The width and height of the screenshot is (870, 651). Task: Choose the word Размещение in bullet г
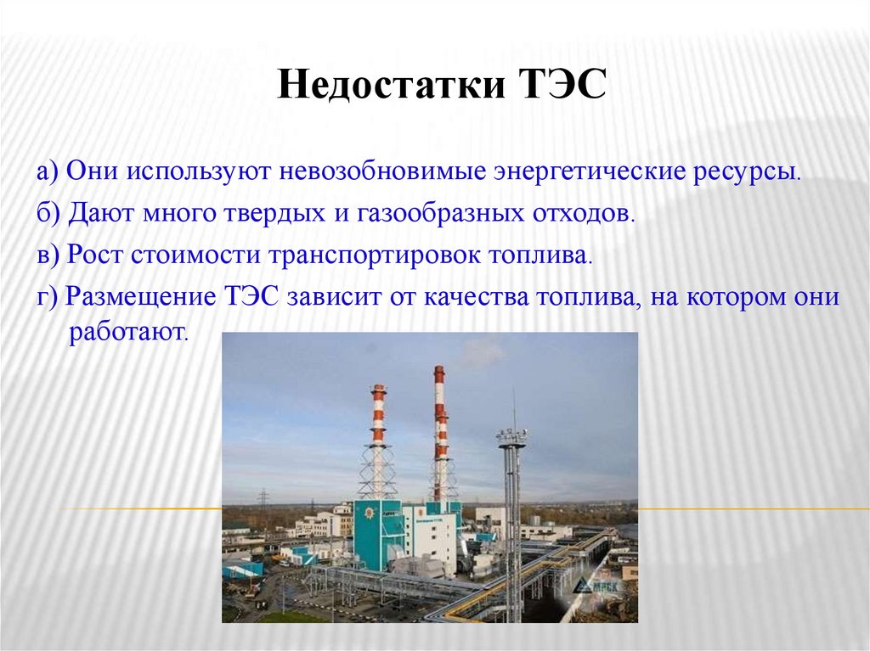[144, 297]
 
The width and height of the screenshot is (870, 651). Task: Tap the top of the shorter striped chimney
[378, 389]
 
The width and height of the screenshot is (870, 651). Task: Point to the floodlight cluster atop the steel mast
[511, 437]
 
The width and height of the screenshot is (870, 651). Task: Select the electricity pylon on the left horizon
[263, 497]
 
